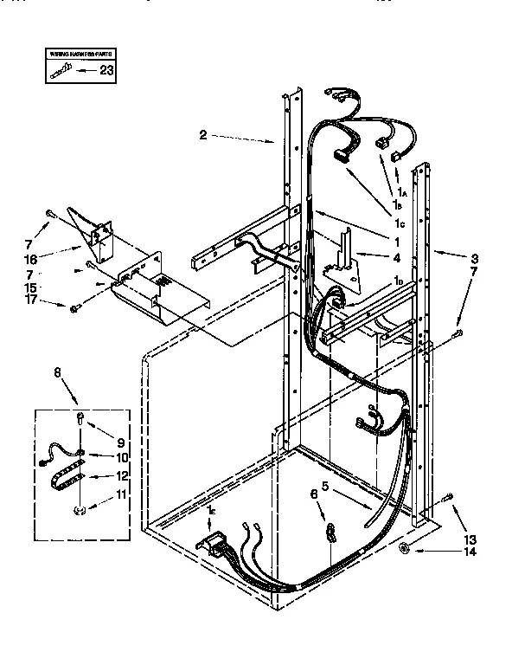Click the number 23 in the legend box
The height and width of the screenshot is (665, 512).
[x=106, y=71]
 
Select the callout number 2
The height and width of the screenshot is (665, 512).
[x=202, y=134]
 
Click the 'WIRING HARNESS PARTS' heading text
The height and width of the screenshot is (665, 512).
[x=76, y=55]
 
